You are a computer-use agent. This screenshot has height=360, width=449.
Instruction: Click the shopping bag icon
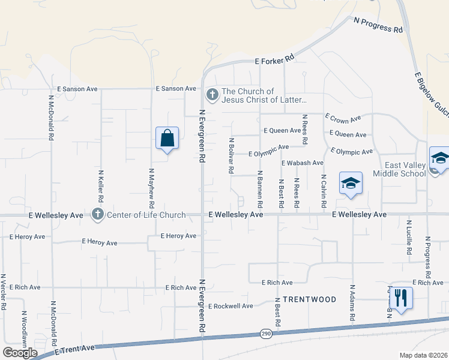click(x=167, y=139)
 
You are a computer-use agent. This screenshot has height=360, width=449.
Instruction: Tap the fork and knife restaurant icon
click(x=400, y=297)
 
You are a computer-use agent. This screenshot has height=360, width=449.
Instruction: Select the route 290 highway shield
click(x=266, y=333)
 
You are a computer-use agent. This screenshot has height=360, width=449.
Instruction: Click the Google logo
click(x=20, y=352)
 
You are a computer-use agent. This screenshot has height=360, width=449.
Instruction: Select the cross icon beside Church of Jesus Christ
click(x=212, y=94)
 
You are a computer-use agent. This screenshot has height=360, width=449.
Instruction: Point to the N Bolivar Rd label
click(x=231, y=155)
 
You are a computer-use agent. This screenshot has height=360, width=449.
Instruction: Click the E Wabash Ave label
click(x=302, y=163)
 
